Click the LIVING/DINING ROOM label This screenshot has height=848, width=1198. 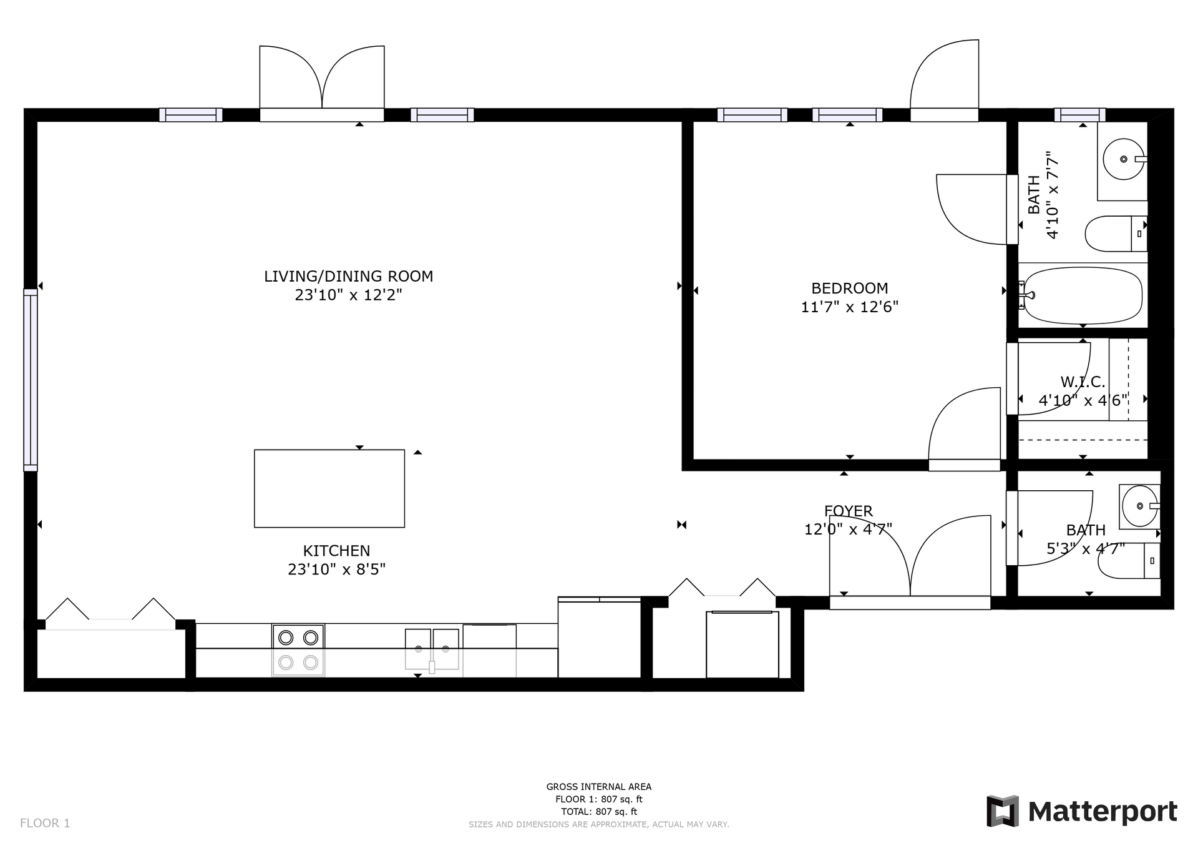pyautogui.click(x=348, y=276)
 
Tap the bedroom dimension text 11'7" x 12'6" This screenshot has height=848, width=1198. pyautogui.click(x=849, y=307)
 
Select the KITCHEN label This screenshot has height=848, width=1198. pyautogui.click(x=336, y=551)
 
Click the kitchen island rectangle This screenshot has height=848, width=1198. pyautogui.click(x=329, y=488)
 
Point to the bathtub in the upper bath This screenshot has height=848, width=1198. pyautogui.click(x=1083, y=295)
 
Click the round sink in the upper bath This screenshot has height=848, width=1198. pyautogui.click(x=1124, y=159)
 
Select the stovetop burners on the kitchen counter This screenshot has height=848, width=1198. pyautogui.click(x=298, y=650)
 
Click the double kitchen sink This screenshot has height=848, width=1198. pyautogui.click(x=432, y=649)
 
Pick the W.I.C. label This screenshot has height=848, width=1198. pyautogui.click(x=1083, y=382)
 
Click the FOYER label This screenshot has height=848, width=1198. pyautogui.click(x=848, y=511)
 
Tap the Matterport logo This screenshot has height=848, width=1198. pyautogui.click(x=1081, y=811)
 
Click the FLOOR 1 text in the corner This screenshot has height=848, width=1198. pyautogui.click(x=45, y=823)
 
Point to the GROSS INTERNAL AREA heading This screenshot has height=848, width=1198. pyautogui.click(x=599, y=787)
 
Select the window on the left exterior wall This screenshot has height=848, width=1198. pyautogui.click(x=31, y=380)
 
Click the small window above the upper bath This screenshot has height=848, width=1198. pyautogui.click(x=1080, y=115)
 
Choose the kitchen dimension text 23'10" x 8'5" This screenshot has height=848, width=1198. pyautogui.click(x=336, y=569)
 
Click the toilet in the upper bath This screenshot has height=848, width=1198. pyautogui.click(x=1116, y=234)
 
